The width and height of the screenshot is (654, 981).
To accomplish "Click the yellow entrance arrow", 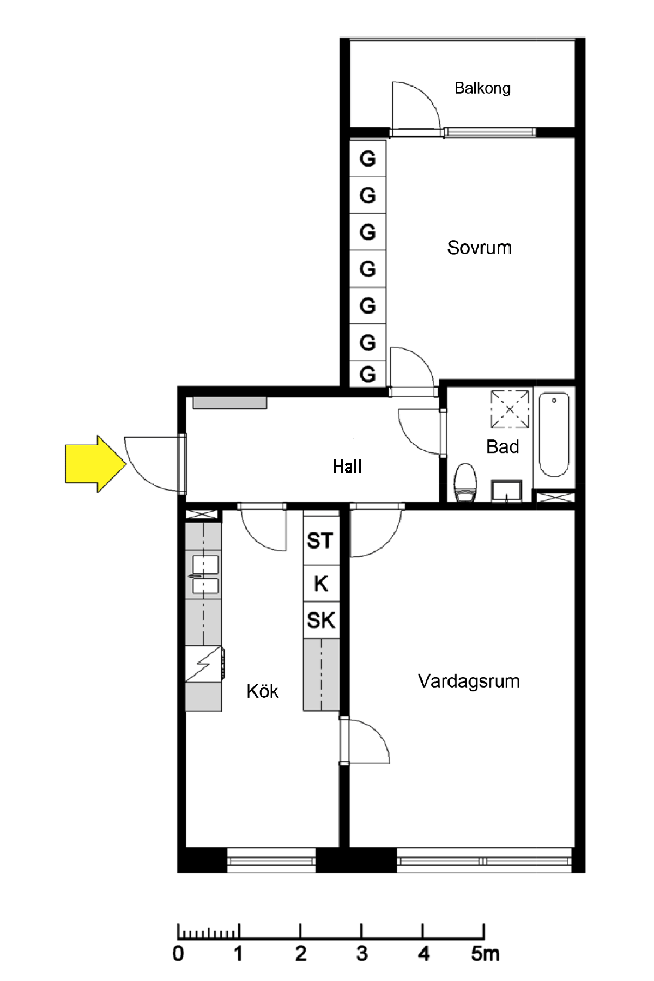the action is (95, 464).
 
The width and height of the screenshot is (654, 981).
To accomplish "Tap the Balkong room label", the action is (482, 88).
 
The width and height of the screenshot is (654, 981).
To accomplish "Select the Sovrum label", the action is (480, 248).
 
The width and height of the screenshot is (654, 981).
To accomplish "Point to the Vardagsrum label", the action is (469, 681).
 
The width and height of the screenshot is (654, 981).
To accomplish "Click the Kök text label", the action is (262, 691).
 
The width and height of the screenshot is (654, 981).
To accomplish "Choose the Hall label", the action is (347, 467).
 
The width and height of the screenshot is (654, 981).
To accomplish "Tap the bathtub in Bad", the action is (554, 434).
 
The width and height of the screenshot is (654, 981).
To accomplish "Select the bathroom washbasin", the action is (506, 490).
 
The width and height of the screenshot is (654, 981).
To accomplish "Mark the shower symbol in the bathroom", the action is (510, 409).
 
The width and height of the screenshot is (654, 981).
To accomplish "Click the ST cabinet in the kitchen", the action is (321, 541).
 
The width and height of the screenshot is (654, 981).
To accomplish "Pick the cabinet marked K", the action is (321, 584).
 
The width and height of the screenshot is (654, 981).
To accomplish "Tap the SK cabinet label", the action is (321, 620).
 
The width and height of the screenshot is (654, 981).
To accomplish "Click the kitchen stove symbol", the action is (204, 664).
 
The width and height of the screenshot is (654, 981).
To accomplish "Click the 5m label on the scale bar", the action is (485, 953).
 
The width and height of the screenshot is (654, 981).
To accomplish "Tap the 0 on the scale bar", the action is (178, 953).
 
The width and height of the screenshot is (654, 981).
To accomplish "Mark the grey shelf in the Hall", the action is (229, 403).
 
